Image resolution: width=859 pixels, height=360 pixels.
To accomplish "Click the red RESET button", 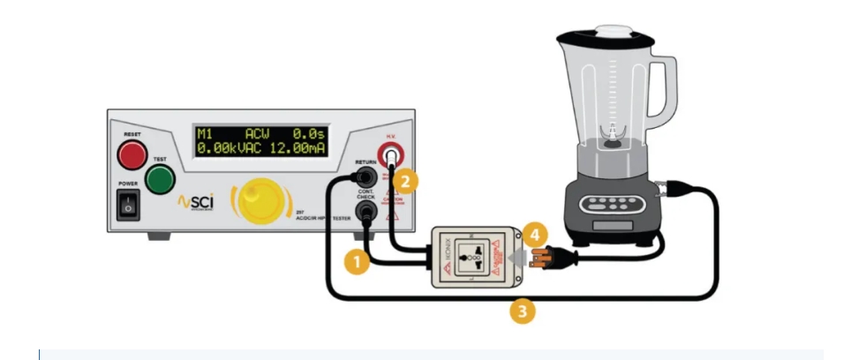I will (132, 155).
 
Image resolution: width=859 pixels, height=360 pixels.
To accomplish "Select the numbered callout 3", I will (524, 311).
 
